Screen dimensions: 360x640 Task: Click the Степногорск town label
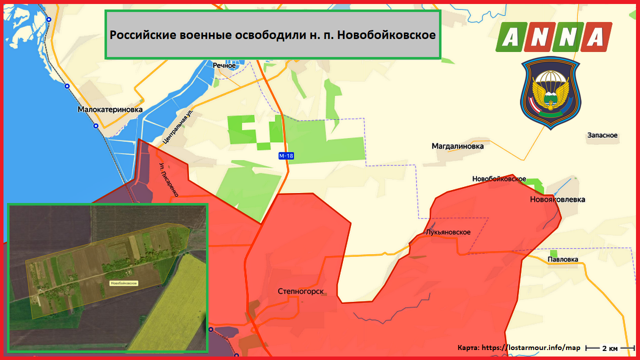(300, 291)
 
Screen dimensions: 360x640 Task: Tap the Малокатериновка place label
(110, 109)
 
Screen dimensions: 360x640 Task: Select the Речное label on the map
(223, 65)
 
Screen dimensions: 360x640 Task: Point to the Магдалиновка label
(457, 146)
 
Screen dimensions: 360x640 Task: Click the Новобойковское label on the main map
(499, 179)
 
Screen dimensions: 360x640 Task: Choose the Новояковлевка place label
(557, 199)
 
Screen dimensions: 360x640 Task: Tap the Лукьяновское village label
(448, 232)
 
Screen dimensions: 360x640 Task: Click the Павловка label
(562, 259)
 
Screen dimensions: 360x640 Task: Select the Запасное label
(602, 135)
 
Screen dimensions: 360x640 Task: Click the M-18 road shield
(286, 156)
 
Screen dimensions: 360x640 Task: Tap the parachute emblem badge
(550, 92)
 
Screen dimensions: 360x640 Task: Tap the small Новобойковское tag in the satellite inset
(123, 283)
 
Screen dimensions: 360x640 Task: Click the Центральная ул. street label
(178, 126)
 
